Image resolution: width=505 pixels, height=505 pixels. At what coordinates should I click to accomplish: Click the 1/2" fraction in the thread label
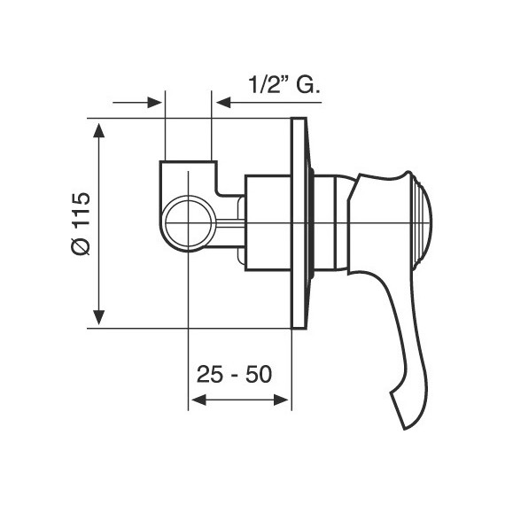click(x=263, y=85)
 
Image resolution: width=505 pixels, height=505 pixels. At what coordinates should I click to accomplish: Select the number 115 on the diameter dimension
click(x=81, y=210)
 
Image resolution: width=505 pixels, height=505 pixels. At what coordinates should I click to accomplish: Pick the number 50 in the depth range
click(x=258, y=374)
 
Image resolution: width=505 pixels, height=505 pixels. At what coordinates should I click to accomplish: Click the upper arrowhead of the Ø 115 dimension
click(x=99, y=129)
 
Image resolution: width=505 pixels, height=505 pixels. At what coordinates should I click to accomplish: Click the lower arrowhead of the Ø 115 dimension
click(x=99, y=316)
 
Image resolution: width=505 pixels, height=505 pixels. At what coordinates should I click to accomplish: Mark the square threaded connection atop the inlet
click(x=189, y=172)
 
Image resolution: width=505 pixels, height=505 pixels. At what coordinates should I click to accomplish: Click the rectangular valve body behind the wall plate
click(x=267, y=221)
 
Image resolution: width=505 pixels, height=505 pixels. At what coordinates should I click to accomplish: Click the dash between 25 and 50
click(x=234, y=375)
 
